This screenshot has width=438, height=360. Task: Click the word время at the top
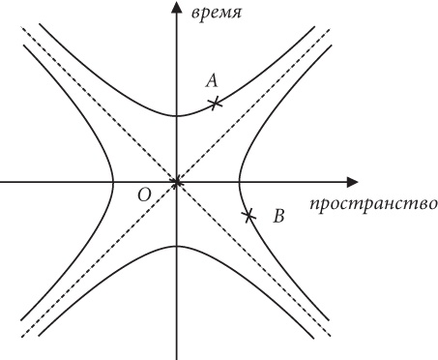pyautogui.click(x=215, y=14)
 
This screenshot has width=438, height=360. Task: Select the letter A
pyautogui.click(x=213, y=80)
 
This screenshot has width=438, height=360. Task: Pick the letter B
pyautogui.click(x=278, y=217)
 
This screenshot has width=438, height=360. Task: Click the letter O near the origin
pyautogui.click(x=144, y=195)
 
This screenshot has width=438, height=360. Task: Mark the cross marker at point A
pyautogui.click(x=216, y=102)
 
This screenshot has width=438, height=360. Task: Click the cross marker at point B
pyautogui.click(x=248, y=215)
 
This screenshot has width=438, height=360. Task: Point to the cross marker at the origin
pyautogui.click(x=176, y=181)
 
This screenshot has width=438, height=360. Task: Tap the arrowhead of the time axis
pyautogui.click(x=176, y=8)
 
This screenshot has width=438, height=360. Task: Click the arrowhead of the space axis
pyautogui.click(x=353, y=181)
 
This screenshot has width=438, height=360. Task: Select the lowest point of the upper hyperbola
pyautogui.click(x=176, y=116)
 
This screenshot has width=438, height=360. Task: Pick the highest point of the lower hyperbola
pyautogui.click(x=176, y=246)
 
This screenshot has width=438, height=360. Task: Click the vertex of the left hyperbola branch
pyautogui.click(x=113, y=181)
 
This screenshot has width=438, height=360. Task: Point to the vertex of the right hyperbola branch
pyautogui.click(x=239, y=181)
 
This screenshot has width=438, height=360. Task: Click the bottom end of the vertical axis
pyautogui.click(x=176, y=356)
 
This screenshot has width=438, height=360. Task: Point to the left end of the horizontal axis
pyautogui.click(x=2, y=181)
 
